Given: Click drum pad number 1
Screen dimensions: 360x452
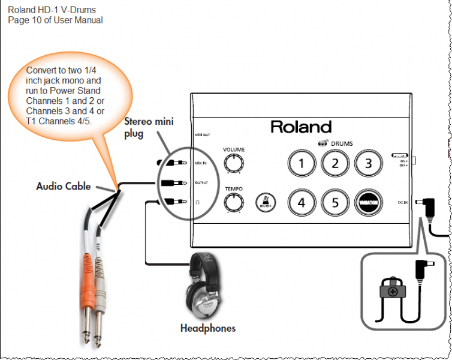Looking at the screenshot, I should [302, 163].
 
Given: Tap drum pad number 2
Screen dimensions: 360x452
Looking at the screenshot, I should [336, 163].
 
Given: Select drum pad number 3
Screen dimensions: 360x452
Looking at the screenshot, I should [369, 163].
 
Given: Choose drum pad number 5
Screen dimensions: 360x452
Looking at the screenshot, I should [336, 202].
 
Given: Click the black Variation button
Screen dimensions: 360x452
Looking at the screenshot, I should [369, 202].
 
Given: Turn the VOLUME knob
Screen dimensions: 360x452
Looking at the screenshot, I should [234, 163].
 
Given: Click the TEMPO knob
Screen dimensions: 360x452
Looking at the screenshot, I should [234, 203].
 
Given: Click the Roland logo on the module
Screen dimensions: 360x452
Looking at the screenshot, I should [301, 127].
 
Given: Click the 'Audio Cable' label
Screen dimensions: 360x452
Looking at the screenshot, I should [64, 186].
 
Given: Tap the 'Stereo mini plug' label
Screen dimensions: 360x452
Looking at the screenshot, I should [149, 127].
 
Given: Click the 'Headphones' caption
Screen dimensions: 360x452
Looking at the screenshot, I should [208, 328].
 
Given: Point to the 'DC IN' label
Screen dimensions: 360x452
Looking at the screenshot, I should [402, 203].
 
